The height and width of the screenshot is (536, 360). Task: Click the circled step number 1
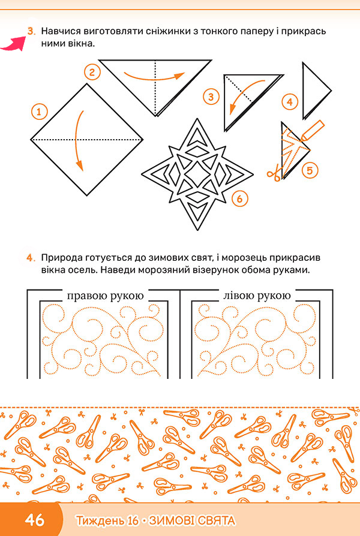click(x=39, y=112)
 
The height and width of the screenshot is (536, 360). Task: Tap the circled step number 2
click(x=92, y=73)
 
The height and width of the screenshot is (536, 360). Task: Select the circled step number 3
click(x=211, y=97)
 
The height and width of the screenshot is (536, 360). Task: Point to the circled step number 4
click(x=290, y=102)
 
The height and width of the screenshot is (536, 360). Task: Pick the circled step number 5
click(x=310, y=170)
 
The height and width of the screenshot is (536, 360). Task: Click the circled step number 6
click(x=239, y=198)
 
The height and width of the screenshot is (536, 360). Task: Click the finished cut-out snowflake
click(x=197, y=174)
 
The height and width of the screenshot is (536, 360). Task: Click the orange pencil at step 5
click(x=312, y=130)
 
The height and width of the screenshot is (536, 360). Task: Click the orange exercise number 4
click(x=31, y=258)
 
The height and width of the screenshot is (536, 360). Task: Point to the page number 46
click(x=35, y=520)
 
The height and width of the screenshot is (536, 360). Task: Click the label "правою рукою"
click(x=106, y=296)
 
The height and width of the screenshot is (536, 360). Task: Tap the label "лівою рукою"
click(x=257, y=296)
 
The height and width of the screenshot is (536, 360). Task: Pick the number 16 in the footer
click(x=133, y=520)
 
